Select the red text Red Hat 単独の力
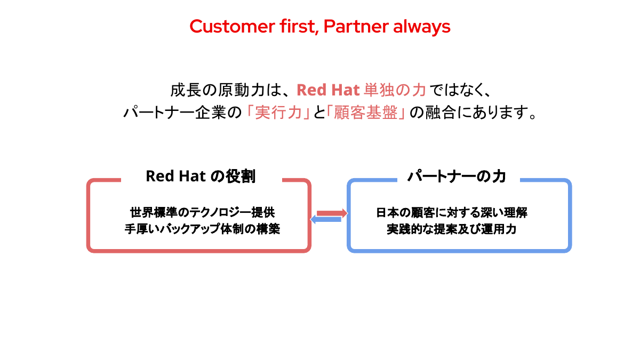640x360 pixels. pos(361,90)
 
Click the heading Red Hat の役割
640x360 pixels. pos(201,176)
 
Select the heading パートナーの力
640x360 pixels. pos(457,176)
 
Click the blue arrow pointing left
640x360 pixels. pos(326,219)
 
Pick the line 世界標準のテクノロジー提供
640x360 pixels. pos(203,212)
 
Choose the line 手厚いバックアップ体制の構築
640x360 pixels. pos(203,230)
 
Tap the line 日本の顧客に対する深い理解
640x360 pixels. pos(452,212)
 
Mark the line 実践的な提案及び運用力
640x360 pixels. pos(452,230)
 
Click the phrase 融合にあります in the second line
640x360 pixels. pos(475,113)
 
